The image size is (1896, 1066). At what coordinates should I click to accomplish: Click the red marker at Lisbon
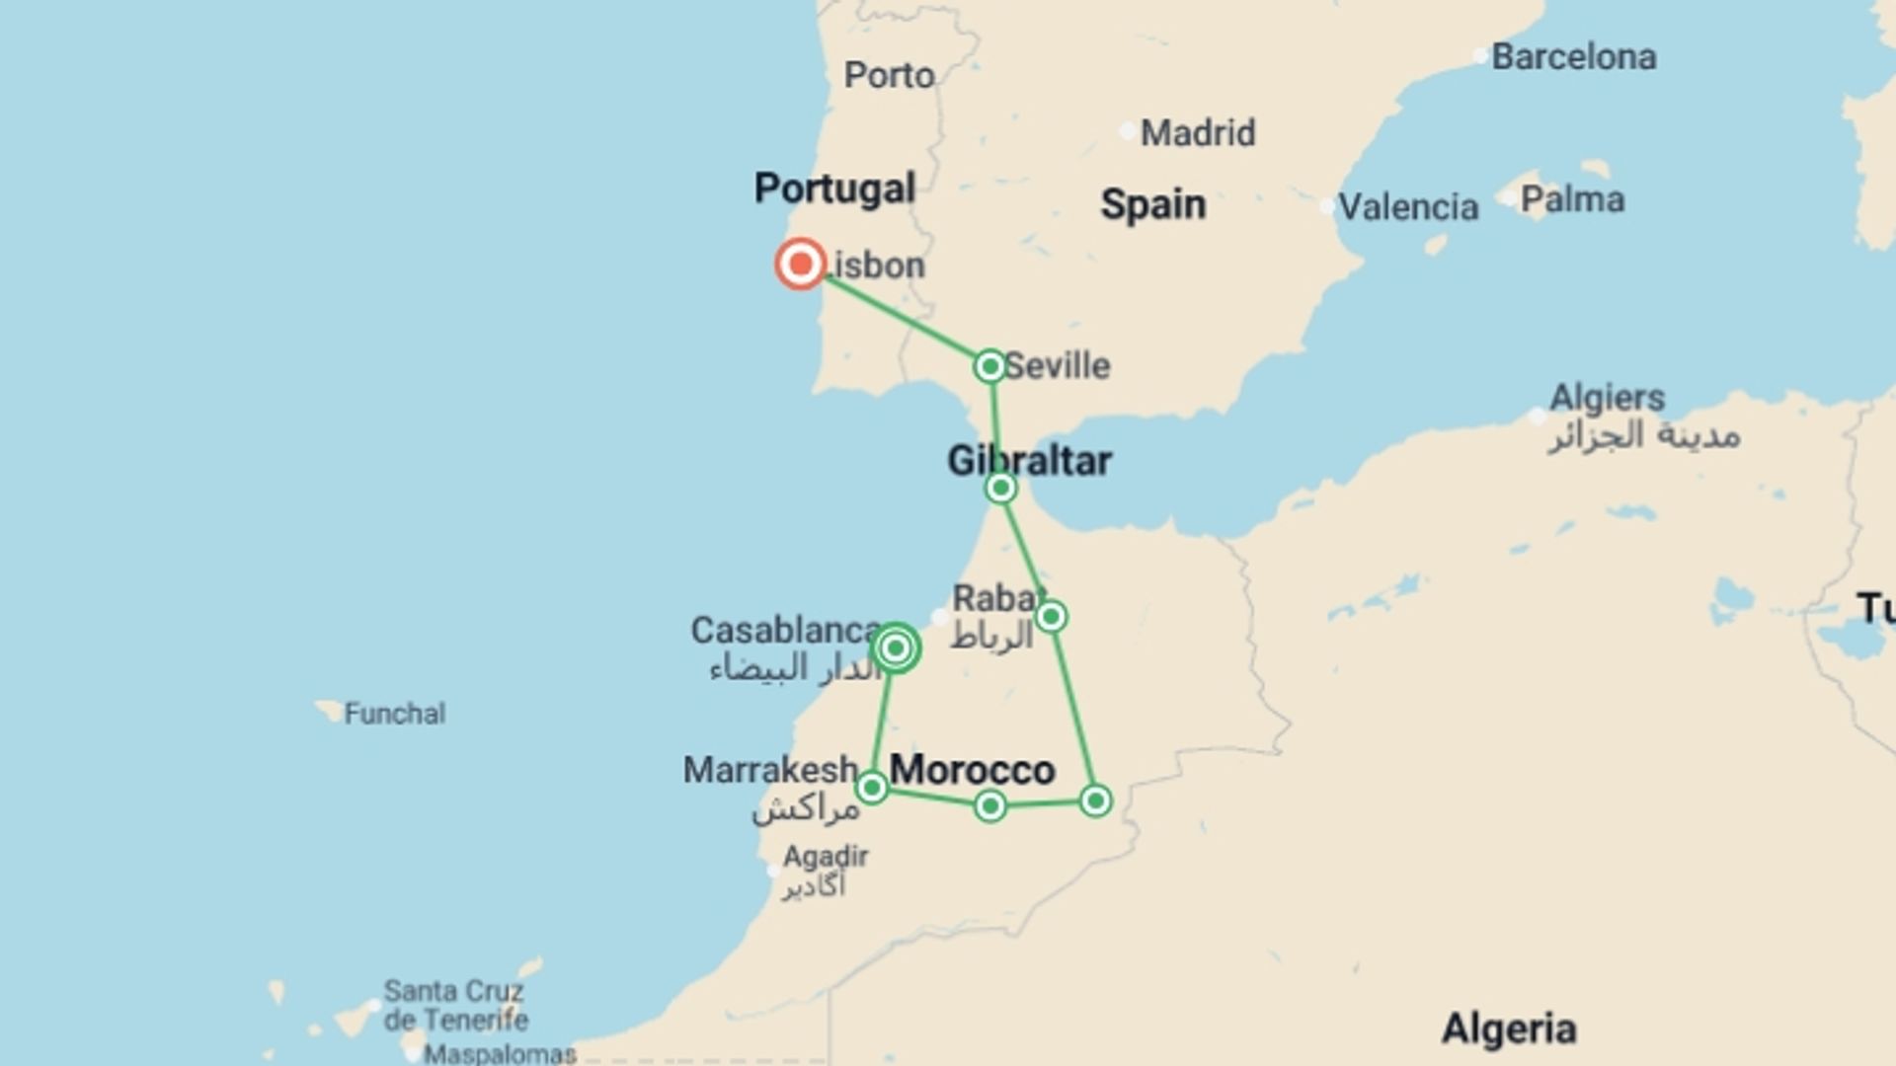pos(800,264)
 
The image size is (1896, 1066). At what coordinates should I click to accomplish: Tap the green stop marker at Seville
pos(989,366)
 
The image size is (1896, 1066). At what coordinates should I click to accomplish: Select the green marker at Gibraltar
pos(1000,488)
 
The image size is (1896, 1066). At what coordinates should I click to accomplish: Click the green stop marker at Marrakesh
pos(872,788)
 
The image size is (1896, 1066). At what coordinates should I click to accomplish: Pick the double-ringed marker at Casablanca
pos(896,648)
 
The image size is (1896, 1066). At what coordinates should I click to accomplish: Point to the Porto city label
pos(889,76)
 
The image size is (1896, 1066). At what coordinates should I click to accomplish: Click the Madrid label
pos(1197,133)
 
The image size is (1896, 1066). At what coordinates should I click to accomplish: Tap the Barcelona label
pos(1573,57)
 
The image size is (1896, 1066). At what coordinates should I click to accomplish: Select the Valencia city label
pos(1407,207)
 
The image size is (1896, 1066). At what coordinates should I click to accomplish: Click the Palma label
pos(1572,200)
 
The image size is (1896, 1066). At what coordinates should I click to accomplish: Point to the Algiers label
pos(1607,399)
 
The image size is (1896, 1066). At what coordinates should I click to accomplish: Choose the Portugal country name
pos(834,189)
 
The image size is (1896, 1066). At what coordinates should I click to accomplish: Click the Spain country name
pos(1152,205)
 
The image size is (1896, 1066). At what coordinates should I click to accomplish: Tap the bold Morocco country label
pos(973,770)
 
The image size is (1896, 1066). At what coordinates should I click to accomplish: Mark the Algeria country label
pos(1508,1029)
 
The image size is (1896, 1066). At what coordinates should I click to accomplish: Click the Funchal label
pos(394,714)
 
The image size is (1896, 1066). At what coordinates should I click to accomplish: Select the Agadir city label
pos(826,857)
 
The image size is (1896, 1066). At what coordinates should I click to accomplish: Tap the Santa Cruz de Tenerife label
pos(455,1005)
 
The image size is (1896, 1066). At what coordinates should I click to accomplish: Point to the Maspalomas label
pos(500,1054)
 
